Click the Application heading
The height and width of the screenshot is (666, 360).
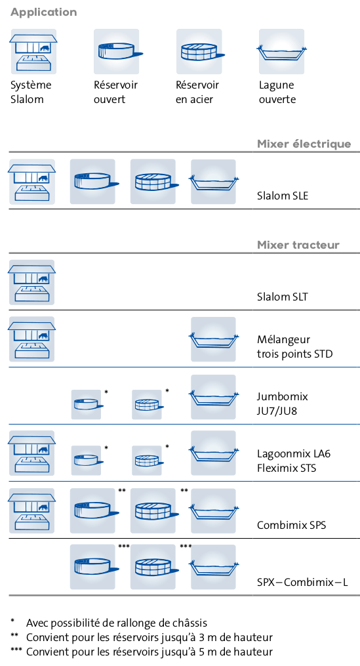(x=44, y=12)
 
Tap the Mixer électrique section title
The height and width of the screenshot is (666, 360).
(x=304, y=144)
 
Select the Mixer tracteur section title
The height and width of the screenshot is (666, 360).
(x=298, y=245)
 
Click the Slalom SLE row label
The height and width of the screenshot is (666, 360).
(x=283, y=196)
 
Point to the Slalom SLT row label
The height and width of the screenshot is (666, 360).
(x=283, y=297)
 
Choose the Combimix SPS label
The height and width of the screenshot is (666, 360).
(x=291, y=525)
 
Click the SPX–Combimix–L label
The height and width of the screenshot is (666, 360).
(x=302, y=582)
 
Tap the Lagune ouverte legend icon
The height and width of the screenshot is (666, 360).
(x=281, y=51)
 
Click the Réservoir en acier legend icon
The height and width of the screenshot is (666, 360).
(x=199, y=51)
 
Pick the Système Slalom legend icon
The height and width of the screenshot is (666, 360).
(x=33, y=51)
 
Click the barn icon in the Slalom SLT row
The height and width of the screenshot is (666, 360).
(x=32, y=282)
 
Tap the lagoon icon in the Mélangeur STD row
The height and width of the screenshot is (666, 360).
(x=214, y=339)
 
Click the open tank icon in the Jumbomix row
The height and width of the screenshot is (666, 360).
(x=87, y=405)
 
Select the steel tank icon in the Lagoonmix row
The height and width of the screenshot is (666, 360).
(x=148, y=461)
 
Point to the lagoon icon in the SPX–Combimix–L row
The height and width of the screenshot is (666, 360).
(x=214, y=567)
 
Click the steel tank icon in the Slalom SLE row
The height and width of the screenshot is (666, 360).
(x=153, y=182)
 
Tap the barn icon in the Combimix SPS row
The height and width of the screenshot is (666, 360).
(x=32, y=510)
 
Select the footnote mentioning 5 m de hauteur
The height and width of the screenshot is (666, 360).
(x=142, y=652)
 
